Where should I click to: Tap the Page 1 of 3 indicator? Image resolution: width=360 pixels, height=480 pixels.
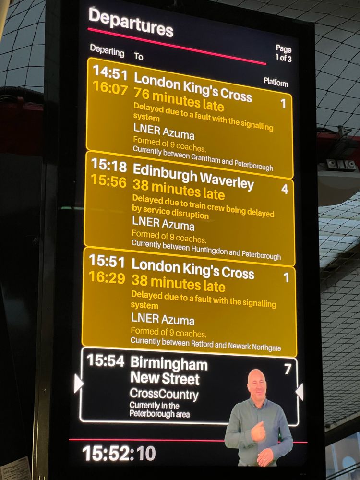(283, 53)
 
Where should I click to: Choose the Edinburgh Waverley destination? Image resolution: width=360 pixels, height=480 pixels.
(193, 176)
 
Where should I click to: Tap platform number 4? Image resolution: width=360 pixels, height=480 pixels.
(285, 189)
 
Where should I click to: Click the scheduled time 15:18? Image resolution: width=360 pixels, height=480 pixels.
(108, 166)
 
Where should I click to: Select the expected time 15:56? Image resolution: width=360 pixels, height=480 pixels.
(108, 182)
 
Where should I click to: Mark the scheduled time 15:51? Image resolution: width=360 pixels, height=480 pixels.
(107, 262)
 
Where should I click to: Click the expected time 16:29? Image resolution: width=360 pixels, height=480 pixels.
(107, 278)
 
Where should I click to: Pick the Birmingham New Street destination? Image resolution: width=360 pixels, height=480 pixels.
(168, 371)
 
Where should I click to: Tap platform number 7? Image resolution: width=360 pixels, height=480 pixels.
(288, 369)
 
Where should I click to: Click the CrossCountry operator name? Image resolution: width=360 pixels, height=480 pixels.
(164, 395)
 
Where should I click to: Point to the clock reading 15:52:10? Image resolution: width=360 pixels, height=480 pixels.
(119, 453)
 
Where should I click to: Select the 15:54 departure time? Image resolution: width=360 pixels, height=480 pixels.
(106, 361)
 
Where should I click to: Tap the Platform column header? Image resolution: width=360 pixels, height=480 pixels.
(276, 83)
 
